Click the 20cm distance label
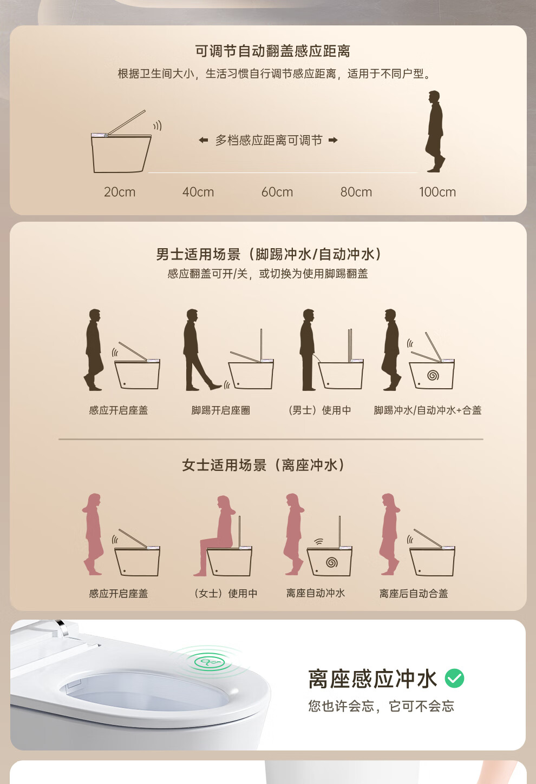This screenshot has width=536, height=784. [120, 192]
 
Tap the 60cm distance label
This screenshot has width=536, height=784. [277, 192]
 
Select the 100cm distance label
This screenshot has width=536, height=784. [437, 192]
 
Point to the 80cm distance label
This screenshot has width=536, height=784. [356, 192]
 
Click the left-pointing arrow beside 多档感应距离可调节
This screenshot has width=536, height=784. [204, 141]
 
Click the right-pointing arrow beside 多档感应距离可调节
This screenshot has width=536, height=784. [333, 141]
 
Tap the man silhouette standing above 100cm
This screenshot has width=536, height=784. [435, 131]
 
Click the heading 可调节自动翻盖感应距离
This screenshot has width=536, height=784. [272, 51]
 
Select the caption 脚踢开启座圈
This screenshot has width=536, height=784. [220, 410]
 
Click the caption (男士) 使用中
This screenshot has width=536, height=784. [319, 410]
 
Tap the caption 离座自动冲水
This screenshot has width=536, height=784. [316, 593]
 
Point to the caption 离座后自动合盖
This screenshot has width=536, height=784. [414, 594]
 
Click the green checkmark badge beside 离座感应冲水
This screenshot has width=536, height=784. [454, 679]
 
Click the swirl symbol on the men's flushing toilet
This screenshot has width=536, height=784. [433, 376]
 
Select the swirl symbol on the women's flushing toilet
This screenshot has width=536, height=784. [332, 562]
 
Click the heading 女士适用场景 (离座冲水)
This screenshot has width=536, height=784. [264, 465]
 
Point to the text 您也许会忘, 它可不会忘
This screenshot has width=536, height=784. [381, 706]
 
